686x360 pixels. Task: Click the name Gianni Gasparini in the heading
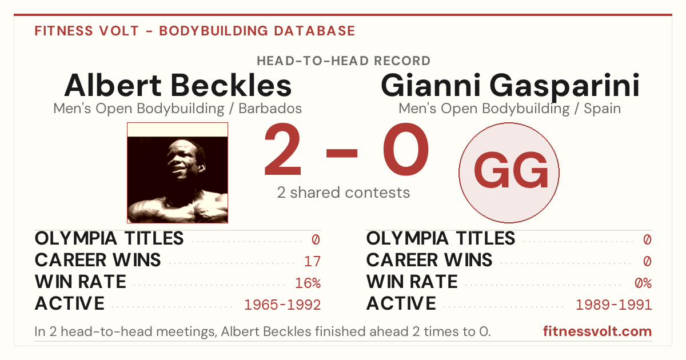tap(510, 87)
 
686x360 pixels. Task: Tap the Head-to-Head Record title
tap(344, 61)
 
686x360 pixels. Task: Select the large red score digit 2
tap(282, 149)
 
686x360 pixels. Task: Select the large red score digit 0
tap(406, 149)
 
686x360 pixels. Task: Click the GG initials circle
tap(509, 173)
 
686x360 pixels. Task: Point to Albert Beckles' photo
tap(178, 173)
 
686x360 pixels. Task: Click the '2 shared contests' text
tap(344, 193)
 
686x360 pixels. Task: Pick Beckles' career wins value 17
tap(312, 262)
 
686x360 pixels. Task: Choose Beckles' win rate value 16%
tap(308, 283)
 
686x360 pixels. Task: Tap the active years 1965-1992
tap(282, 305)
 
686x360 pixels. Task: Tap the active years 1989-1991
tap(614, 305)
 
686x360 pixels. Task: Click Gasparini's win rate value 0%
tap(643, 283)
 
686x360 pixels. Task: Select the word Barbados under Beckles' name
tap(270, 109)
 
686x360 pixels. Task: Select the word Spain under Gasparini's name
tap(602, 109)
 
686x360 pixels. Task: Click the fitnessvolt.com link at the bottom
tap(597, 331)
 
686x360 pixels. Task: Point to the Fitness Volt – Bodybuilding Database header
tap(195, 31)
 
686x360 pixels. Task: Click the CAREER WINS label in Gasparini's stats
tap(429, 260)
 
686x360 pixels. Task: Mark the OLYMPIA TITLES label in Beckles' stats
tap(109, 238)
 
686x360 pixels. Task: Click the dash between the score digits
tap(342, 153)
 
